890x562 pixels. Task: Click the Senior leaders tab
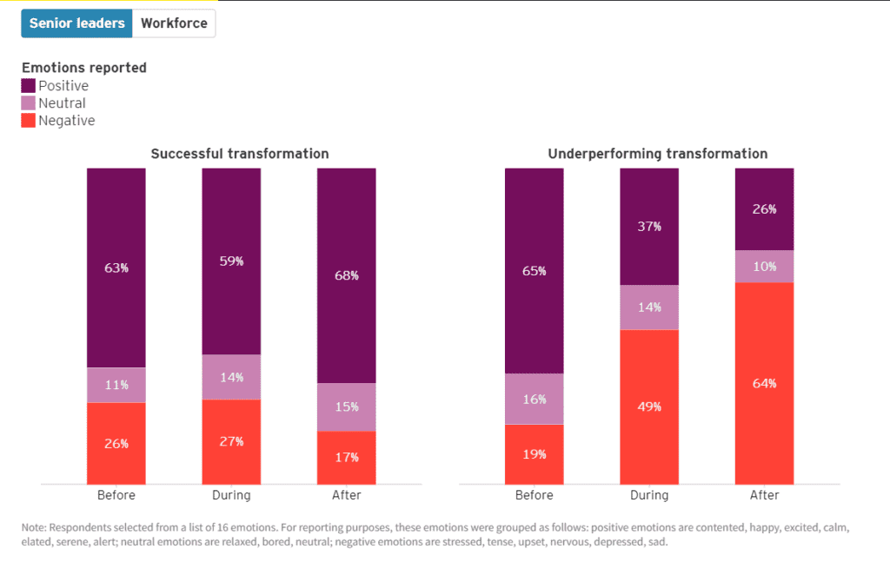tap(77, 23)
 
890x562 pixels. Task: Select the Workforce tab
tap(174, 23)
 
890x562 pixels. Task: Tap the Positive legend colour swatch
tap(29, 86)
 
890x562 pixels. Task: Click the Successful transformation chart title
tap(240, 154)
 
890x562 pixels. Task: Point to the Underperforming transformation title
tap(658, 154)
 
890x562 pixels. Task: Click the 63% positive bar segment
tap(116, 268)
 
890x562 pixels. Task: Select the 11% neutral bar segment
tap(116, 385)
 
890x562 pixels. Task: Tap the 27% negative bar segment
tap(231, 441)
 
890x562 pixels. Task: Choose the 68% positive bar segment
tap(347, 275)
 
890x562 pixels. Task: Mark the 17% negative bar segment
tap(347, 457)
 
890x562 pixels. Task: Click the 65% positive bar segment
tap(535, 271)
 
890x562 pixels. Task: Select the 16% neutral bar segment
tap(535, 399)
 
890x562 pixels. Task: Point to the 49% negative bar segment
tap(649, 407)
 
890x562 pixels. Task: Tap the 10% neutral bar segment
tap(765, 266)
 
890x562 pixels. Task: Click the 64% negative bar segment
tap(765, 383)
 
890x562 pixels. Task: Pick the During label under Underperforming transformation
tap(649, 495)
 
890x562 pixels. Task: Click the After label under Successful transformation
tap(347, 495)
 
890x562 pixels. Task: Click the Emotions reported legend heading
tap(84, 68)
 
